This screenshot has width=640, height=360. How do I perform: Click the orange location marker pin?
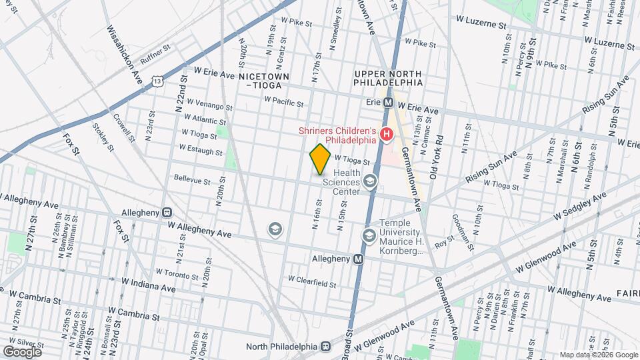click(320, 159)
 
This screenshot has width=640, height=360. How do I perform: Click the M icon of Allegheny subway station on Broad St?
click(359, 259)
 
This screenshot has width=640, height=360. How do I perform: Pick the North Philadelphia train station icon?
click(326, 347)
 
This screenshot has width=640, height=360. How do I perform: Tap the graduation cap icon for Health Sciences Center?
click(370, 181)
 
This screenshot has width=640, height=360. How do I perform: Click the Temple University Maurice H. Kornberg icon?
click(369, 235)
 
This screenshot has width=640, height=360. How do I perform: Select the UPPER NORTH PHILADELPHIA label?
click(389, 78)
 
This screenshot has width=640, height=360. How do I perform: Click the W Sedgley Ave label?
click(580, 207)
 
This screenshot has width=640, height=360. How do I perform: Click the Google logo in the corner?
click(22, 351)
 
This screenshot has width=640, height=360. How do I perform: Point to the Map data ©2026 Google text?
click(598, 355)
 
